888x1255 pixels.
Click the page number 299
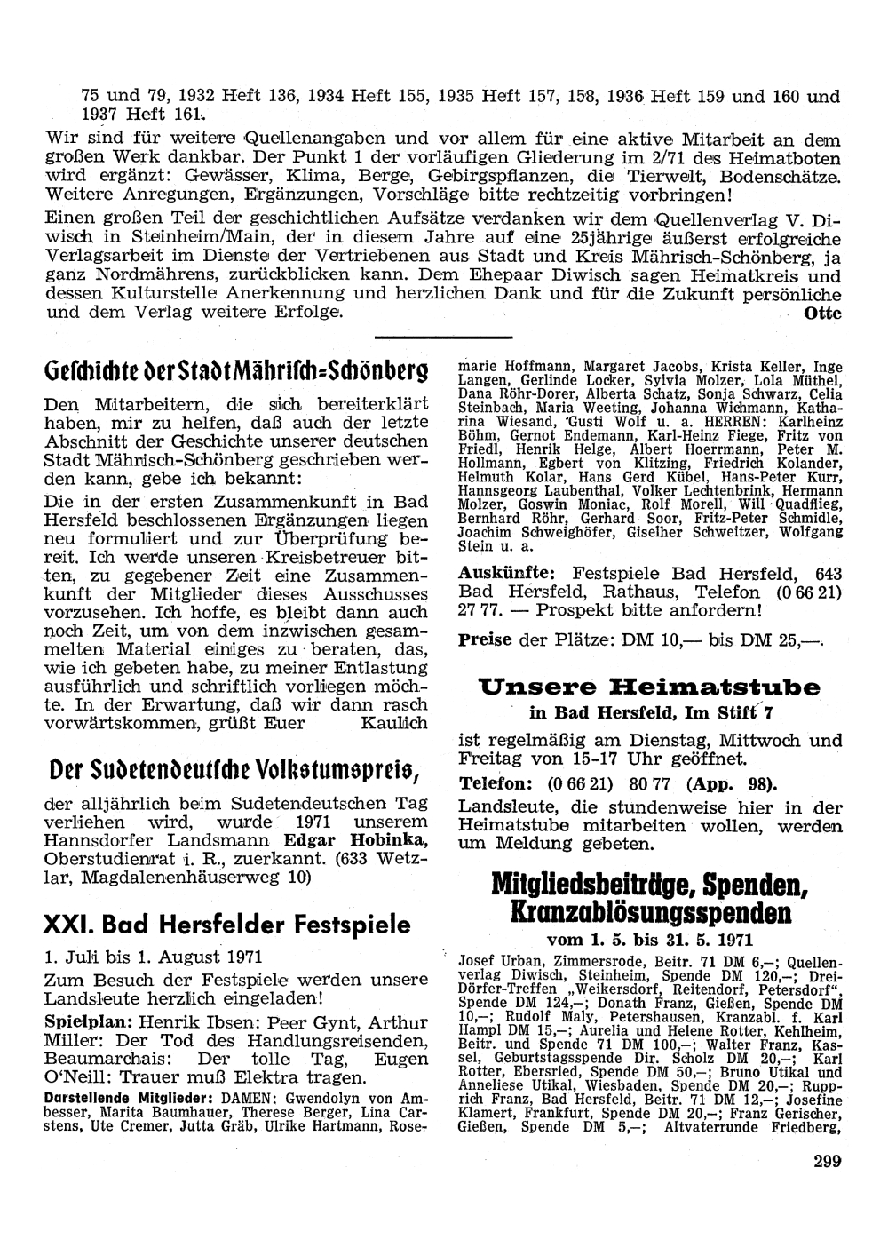tap(825, 1160)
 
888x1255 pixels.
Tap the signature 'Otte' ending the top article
tap(821, 314)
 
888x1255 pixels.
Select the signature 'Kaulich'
tap(393, 723)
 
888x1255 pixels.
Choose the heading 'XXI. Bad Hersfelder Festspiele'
tap(227, 925)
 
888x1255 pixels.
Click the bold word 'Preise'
tap(485, 639)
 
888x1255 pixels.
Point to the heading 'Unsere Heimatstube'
tap(649, 687)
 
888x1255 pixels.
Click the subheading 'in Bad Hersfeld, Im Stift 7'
tap(651, 711)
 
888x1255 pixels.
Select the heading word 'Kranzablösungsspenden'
tap(650, 914)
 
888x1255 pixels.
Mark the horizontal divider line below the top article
tap(444, 338)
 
